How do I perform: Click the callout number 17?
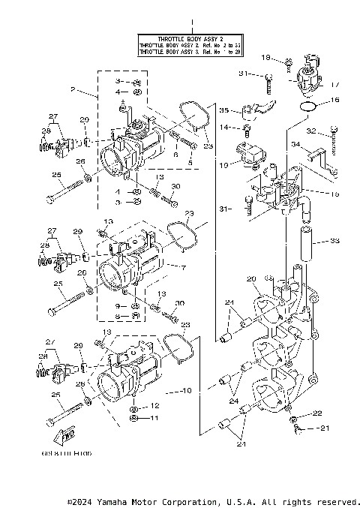point(334,85)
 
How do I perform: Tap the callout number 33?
point(334,242)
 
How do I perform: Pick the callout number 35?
point(223,110)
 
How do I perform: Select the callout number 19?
point(223,164)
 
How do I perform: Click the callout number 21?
point(325,428)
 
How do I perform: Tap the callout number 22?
point(318,413)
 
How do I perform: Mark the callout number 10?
point(187,391)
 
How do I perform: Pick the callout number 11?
point(155,418)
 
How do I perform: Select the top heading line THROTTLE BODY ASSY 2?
point(190,38)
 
